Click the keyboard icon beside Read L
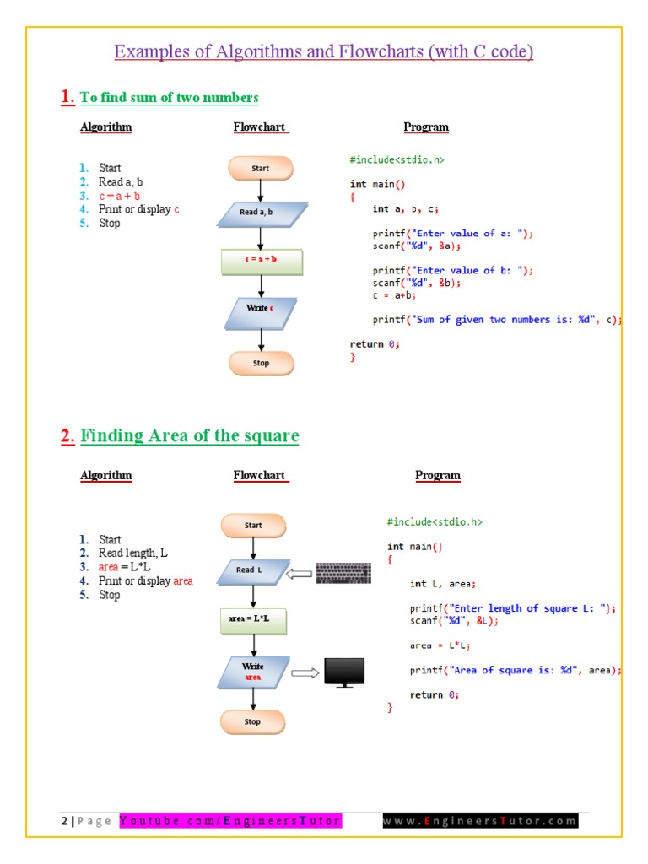[x=343, y=573]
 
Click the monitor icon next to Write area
[x=344, y=673]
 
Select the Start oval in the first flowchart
[x=261, y=168]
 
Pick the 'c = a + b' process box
[x=262, y=261]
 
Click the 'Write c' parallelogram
[x=260, y=310]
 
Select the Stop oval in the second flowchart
[x=253, y=721]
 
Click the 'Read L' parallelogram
[x=252, y=571]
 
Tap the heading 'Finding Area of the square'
[x=190, y=436]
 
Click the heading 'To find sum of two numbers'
[x=169, y=98]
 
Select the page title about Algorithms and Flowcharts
[x=324, y=52]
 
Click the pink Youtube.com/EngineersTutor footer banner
[x=230, y=821]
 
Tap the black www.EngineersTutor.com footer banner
[x=480, y=821]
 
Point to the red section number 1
[x=67, y=97]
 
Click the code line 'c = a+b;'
[x=394, y=295]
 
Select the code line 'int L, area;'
[x=443, y=583]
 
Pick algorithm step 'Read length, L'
[x=132, y=553]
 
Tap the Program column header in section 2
[x=438, y=475]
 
